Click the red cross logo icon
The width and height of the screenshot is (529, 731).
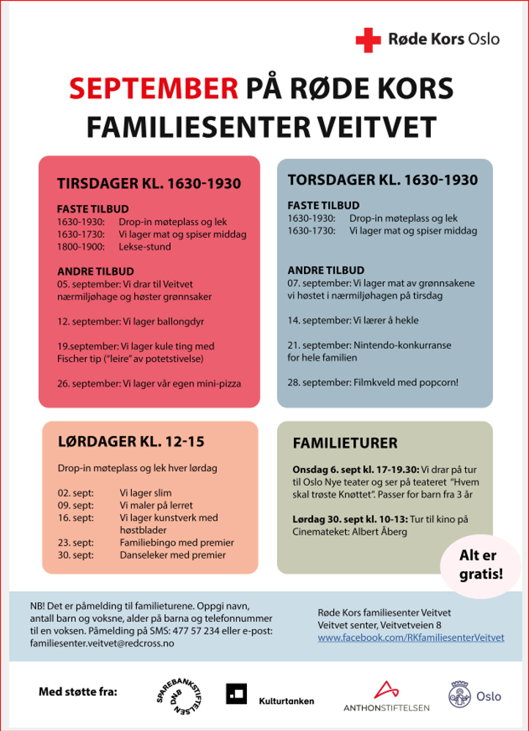(368, 40)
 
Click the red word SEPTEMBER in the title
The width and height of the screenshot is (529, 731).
(154, 89)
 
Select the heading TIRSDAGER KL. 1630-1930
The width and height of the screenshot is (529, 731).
(149, 184)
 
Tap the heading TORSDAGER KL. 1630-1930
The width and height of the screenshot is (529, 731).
(382, 180)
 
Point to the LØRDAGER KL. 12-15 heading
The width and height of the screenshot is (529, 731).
(130, 442)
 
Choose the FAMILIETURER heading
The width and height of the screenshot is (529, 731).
(345, 443)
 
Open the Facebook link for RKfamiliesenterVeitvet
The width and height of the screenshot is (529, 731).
(411, 638)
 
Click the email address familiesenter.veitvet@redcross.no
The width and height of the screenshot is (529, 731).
(102, 643)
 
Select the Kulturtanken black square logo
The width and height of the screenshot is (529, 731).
(236, 694)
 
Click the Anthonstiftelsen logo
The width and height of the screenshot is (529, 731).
(386, 696)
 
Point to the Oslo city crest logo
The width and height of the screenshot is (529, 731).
(460, 694)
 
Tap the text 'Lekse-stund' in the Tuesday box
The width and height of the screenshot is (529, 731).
(144, 247)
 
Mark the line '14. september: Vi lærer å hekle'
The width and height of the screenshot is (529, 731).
(353, 320)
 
